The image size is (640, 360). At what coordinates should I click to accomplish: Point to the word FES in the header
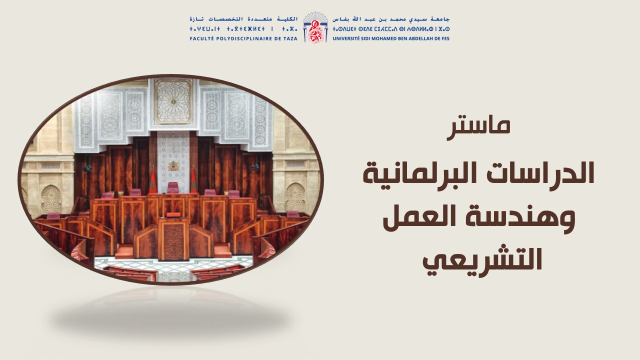click(445, 38)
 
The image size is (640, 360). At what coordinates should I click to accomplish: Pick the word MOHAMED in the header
click(381, 38)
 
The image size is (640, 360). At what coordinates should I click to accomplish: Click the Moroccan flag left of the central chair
click(152, 181)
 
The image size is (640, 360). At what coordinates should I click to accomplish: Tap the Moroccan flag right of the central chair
click(193, 181)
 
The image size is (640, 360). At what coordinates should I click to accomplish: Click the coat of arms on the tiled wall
click(172, 165)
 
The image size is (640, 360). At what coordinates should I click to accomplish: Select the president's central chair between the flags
click(173, 188)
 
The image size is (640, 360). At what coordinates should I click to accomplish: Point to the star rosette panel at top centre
click(173, 101)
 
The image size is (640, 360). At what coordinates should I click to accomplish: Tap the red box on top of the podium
click(173, 215)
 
